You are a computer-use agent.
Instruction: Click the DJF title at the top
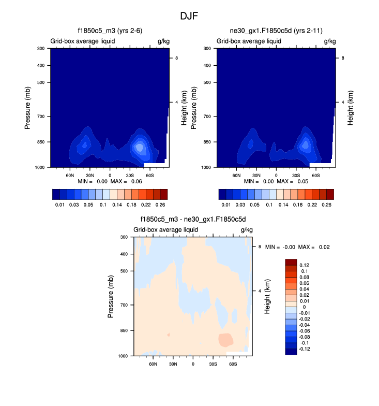189,16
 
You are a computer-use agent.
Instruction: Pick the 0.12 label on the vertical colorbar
305,265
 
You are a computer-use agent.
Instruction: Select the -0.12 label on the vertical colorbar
305,349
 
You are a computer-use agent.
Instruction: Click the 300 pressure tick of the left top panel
41,49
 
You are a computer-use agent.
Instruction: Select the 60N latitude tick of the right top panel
236,175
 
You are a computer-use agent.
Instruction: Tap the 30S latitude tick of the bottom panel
213,364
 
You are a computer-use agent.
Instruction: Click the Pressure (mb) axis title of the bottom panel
112,296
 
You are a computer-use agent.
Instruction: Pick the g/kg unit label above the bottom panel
246,229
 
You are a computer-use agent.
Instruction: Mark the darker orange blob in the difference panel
225,340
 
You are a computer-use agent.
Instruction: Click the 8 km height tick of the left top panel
177,58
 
